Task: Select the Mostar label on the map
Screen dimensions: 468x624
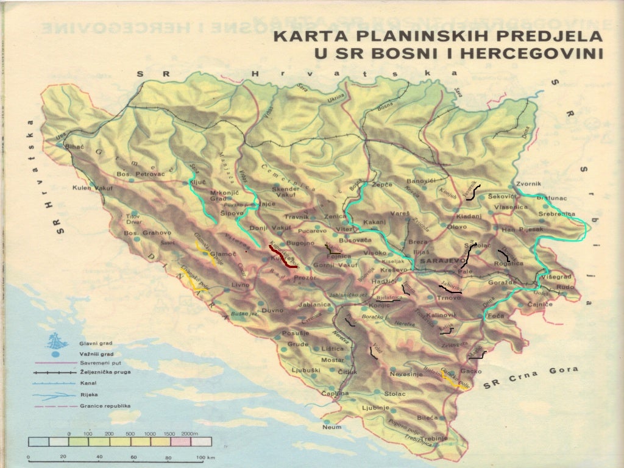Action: coord(333,360)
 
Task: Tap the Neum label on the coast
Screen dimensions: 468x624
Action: coord(331,427)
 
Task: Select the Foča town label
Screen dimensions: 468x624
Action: coord(495,316)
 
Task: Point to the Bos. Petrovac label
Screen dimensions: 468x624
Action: coord(141,174)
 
